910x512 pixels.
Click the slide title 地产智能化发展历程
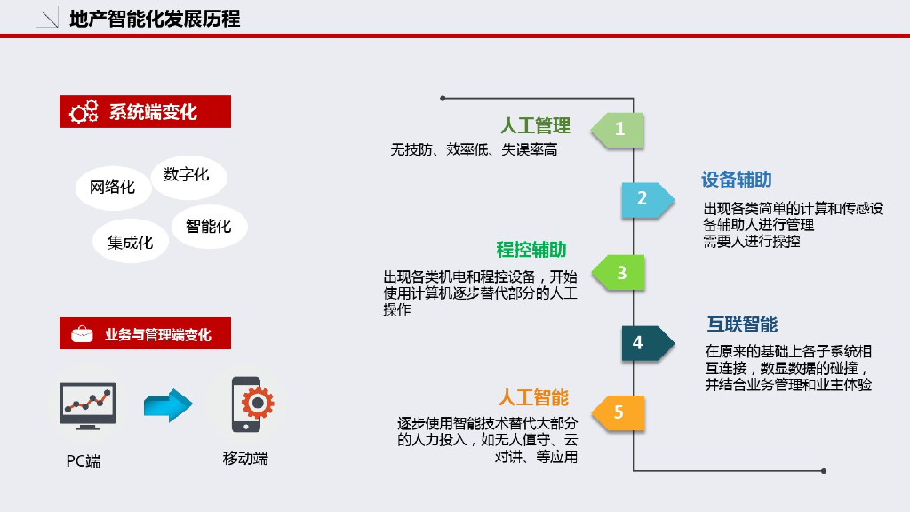[155, 19]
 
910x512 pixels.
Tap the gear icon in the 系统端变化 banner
[84, 112]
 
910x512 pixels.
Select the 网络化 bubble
[112, 188]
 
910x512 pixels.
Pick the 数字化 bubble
[187, 174]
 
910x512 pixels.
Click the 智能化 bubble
[209, 226]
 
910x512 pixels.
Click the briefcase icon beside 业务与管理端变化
[82, 334]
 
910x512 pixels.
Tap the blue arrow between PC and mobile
[168, 405]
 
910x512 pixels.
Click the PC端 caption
[84, 461]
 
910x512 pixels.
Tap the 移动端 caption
[245, 459]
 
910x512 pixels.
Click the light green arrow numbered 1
[619, 129]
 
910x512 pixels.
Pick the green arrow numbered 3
[619, 273]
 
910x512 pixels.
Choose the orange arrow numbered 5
[619, 412]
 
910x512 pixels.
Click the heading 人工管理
[535, 126]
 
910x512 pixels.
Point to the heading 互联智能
[742, 324]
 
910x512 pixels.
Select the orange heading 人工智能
[533, 397]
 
